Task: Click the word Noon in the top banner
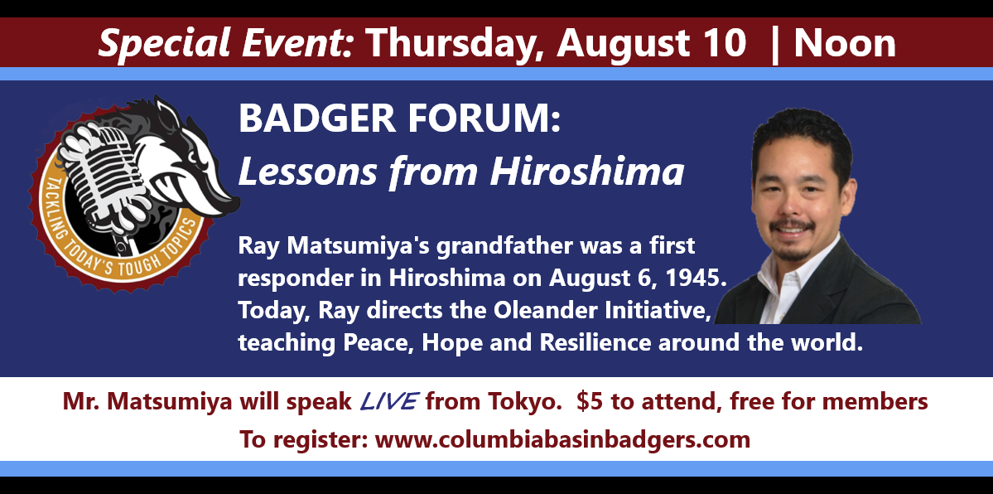pyautogui.click(x=844, y=43)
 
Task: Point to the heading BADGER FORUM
pyautogui.click(x=400, y=118)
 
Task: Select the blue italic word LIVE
pyautogui.click(x=388, y=401)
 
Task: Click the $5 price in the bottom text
pyautogui.click(x=588, y=401)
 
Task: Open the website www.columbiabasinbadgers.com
pyautogui.click(x=562, y=438)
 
